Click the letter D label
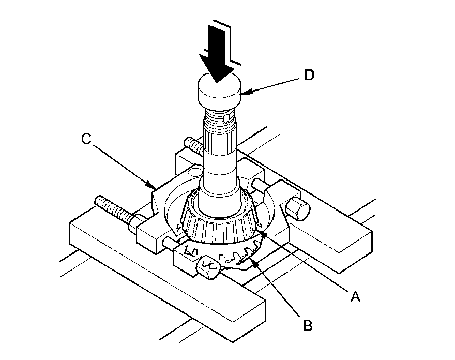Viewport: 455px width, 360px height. point(309,75)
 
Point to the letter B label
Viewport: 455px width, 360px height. point(308,326)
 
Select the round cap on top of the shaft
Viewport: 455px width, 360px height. point(220,93)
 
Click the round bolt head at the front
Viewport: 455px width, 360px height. point(208,268)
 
